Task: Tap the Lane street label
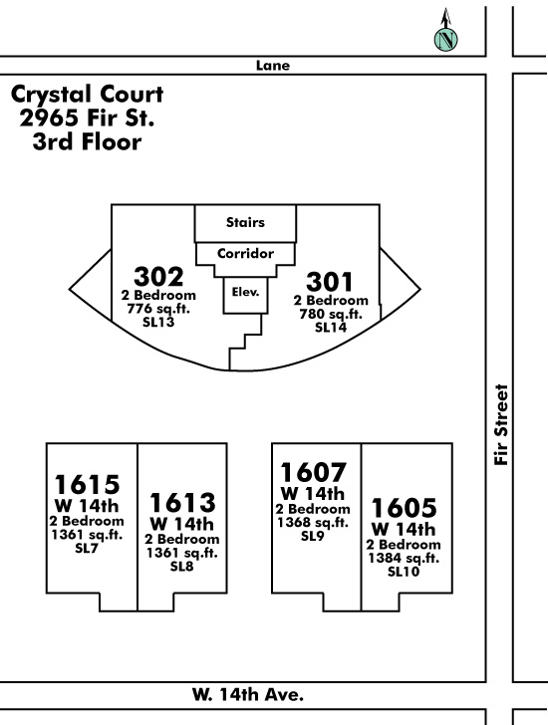[273, 66]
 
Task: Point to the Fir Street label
[501, 424]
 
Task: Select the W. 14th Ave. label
[248, 694]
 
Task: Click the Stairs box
[245, 223]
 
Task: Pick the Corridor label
[245, 253]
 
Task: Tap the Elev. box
[245, 295]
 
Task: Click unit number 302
[158, 277]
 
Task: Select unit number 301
[329, 282]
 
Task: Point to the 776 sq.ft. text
[158, 309]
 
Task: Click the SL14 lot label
[331, 328]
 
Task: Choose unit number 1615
[87, 485]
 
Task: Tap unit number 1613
[182, 502]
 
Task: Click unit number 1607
[313, 472]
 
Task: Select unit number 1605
[404, 507]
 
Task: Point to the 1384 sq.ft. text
[404, 558]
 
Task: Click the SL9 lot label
[313, 536]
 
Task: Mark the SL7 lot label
[87, 549]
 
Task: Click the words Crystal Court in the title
[87, 95]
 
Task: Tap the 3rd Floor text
[87, 141]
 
